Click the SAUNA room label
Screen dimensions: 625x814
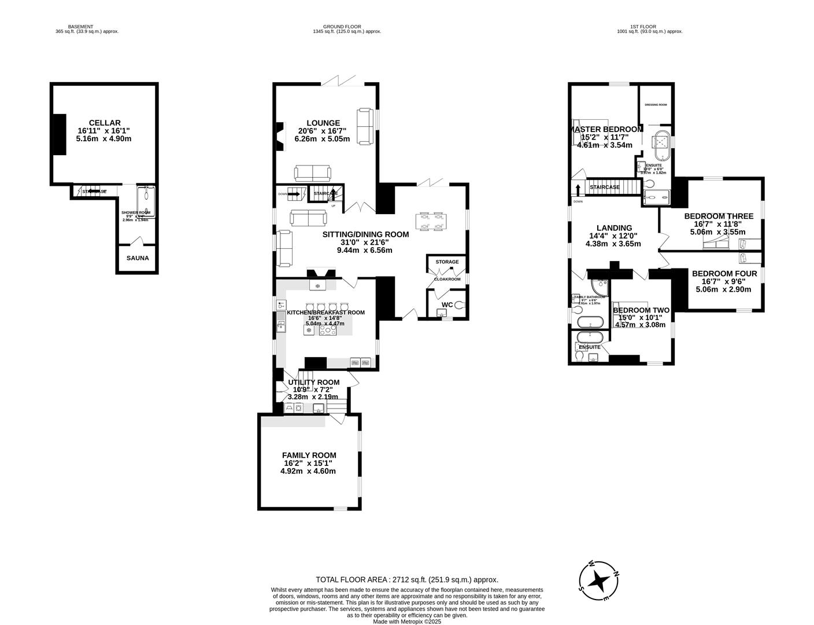point(138,258)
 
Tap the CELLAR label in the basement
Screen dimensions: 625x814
point(105,123)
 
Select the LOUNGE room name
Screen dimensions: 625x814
point(323,123)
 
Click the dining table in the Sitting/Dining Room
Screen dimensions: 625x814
point(430,222)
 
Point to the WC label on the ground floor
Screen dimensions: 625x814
point(447,304)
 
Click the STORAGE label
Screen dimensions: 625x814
point(447,262)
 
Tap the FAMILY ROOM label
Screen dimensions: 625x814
point(309,455)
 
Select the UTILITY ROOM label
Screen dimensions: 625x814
point(313,383)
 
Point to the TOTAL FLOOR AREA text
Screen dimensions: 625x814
point(406,579)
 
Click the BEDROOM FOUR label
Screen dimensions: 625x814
point(724,274)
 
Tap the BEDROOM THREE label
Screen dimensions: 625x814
point(719,216)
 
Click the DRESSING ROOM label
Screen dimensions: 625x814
point(656,105)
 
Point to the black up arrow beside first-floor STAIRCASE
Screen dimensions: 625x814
point(578,189)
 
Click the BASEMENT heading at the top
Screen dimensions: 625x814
point(80,27)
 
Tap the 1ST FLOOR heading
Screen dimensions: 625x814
point(649,27)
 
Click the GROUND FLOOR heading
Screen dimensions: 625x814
point(342,27)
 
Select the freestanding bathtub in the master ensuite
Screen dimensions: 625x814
point(662,146)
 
